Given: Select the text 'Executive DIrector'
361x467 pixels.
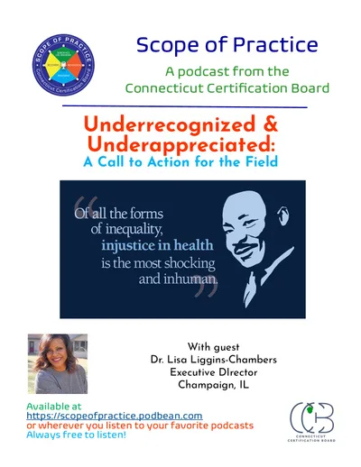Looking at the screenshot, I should click(x=222, y=378).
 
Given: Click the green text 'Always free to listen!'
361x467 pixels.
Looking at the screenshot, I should click(x=76, y=435).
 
